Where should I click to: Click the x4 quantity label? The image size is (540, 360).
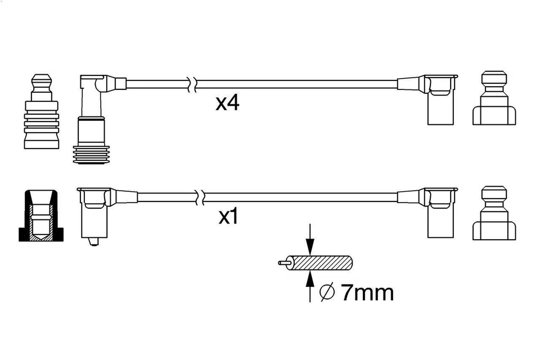point(228,103)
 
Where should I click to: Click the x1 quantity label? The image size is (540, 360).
point(228,217)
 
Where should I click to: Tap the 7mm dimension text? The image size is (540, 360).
point(366,292)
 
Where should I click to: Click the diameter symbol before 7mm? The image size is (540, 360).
point(327,292)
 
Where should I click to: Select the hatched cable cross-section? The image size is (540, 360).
point(321,263)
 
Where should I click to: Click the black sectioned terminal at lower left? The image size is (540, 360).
point(41,216)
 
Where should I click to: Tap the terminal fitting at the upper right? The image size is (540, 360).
point(494,98)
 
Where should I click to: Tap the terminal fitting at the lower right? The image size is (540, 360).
point(494,213)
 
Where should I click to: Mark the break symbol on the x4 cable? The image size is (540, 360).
point(193,84)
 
